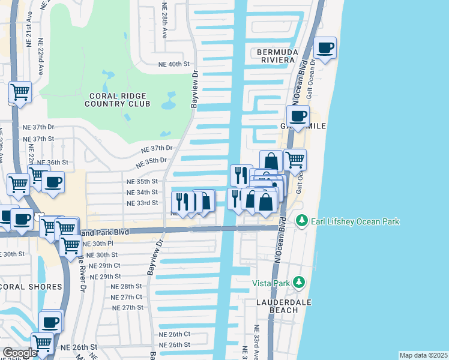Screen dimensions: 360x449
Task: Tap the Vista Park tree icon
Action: click(x=297, y=282)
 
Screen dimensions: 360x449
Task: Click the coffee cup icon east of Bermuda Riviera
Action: click(x=325, y=48)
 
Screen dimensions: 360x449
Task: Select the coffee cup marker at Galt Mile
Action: click(x=298, y=116)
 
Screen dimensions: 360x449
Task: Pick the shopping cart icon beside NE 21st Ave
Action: click(x=20, y=93)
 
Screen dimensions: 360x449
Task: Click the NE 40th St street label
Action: click(x=173, y=64)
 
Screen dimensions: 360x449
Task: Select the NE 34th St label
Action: click(x=142, y=192)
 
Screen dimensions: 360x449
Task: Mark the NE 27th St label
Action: click(x=128, y=307)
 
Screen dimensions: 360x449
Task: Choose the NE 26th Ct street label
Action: click(x=174, y=334)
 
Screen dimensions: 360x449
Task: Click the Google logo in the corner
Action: click(x=19, y=353)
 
